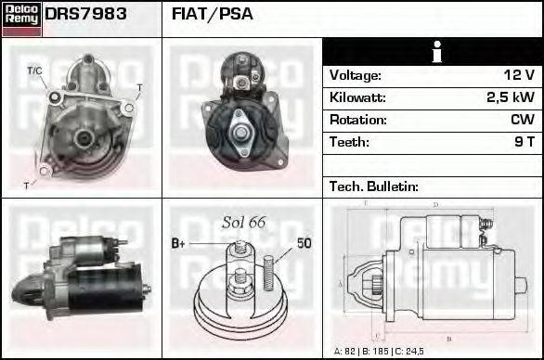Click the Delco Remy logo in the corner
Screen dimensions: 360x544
tap(21, 18)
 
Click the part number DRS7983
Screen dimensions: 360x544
tap(85, 15)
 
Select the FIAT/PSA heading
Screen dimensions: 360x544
tap(213, 15)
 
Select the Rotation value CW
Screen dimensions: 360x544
tap(522, 120)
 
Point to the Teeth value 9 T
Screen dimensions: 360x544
tap(525, 142)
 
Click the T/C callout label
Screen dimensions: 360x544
tap(34, 71)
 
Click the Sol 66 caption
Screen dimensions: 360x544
tap(244, 222)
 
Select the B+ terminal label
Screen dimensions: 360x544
tap(178, 243)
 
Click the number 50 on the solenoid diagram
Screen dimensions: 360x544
tap(304, 243)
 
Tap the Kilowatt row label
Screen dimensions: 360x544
tap(357, 97)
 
